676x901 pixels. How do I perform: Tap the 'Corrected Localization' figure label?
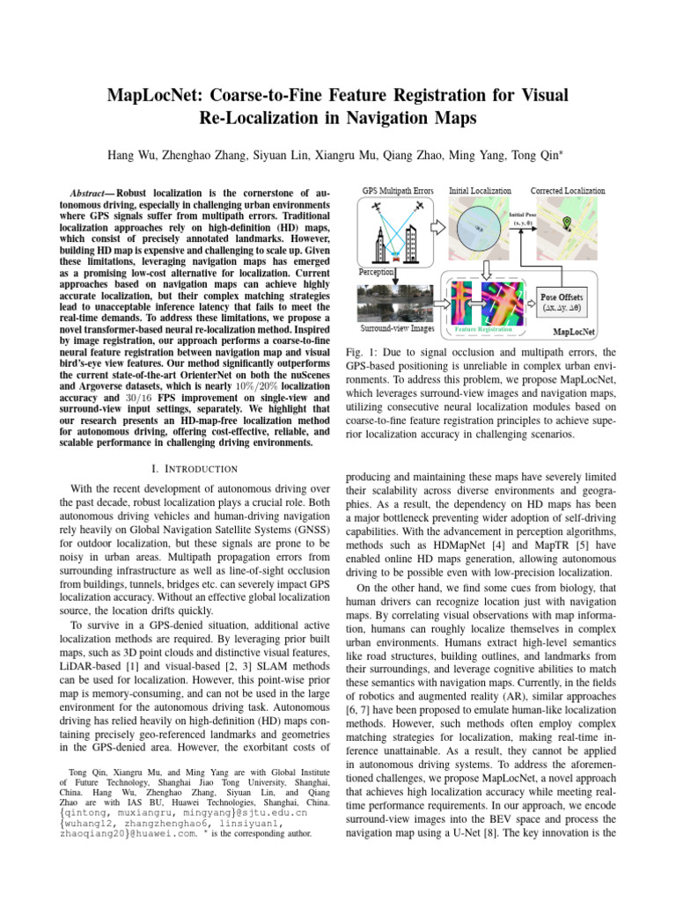tap(567, 190)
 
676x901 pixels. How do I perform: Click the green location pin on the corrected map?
tap(566, 223)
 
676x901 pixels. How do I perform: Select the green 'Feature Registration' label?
tap(481, 328)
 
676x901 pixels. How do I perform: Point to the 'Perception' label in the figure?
tap(377, 273)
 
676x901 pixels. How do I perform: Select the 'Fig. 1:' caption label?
tap(361, 353)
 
